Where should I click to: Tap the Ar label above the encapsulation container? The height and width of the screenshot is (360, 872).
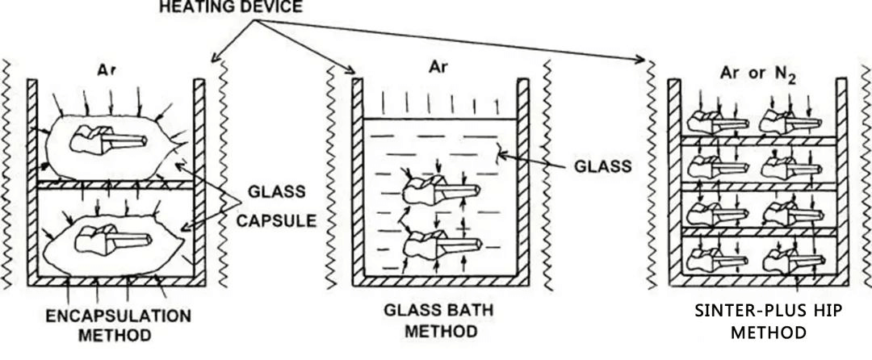(107, 69)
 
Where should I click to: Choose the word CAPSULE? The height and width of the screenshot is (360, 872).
(275, 221)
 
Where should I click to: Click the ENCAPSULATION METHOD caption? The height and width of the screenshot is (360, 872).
(118, 323)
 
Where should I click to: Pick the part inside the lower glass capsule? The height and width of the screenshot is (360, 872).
(113, 238)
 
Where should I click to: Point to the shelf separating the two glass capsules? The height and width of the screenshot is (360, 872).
(114, 185)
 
